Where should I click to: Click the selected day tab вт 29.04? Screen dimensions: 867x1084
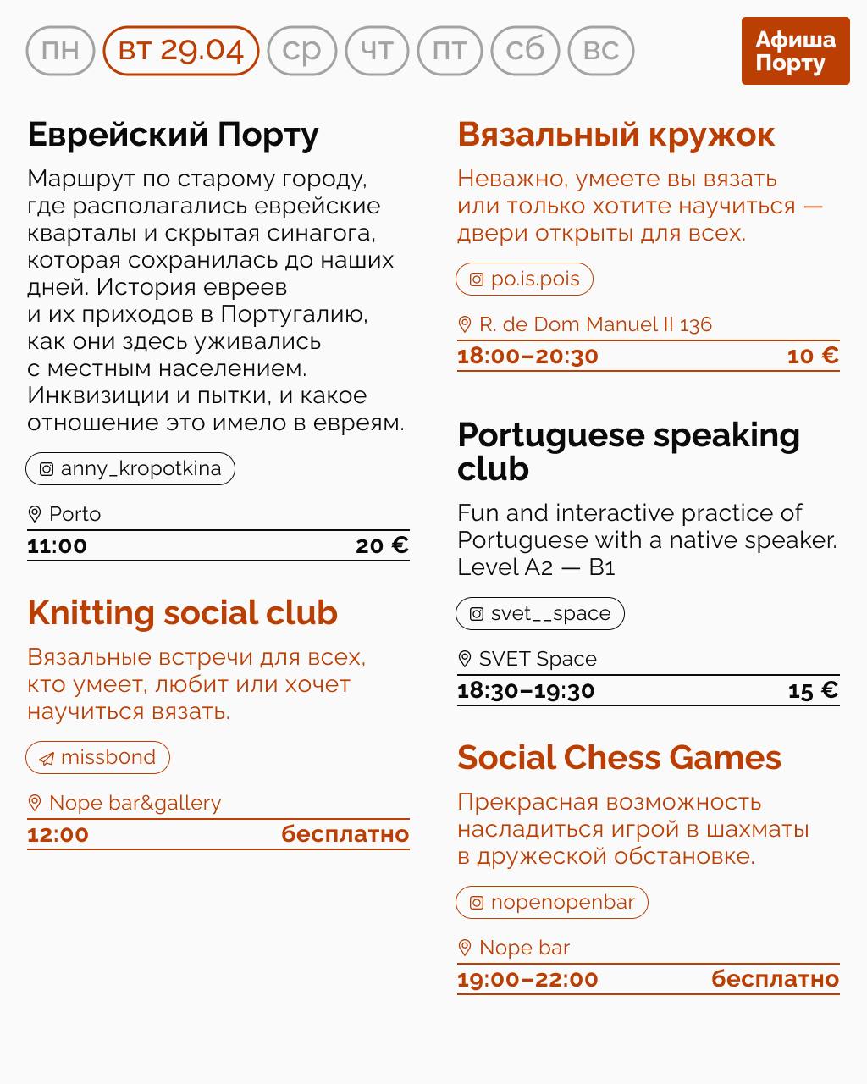pos(180,51)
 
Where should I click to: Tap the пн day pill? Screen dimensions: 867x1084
pos(60,51)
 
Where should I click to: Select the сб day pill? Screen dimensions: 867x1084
pos(525,51)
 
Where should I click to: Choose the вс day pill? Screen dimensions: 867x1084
pos(601,51)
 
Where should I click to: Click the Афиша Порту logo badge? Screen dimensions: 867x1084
pos(795,51)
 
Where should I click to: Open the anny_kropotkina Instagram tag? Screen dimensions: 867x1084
pos(130,468)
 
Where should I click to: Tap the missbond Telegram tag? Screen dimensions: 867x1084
pos(97,757)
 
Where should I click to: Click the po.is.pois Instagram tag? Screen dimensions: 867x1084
pos(524,279)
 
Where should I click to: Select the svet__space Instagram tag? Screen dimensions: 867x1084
pos(540,613)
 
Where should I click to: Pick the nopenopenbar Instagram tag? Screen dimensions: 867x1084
pos(552,902)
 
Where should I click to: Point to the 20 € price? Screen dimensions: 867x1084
pos(382,545)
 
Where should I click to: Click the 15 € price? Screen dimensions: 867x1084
pos(813,690)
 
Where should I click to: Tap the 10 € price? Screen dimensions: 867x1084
pos(813,356)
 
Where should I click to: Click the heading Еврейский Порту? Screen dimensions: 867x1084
pos(173,135)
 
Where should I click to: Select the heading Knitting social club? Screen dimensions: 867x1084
pos(182,613)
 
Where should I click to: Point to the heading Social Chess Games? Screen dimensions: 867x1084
pos(619,758)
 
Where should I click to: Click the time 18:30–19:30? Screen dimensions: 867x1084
pos(526,690)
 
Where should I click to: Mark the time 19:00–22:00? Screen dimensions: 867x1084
pos(527,979)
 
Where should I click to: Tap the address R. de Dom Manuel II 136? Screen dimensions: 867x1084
pos(594,324)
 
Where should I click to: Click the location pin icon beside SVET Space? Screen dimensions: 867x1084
pos(464,659)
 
